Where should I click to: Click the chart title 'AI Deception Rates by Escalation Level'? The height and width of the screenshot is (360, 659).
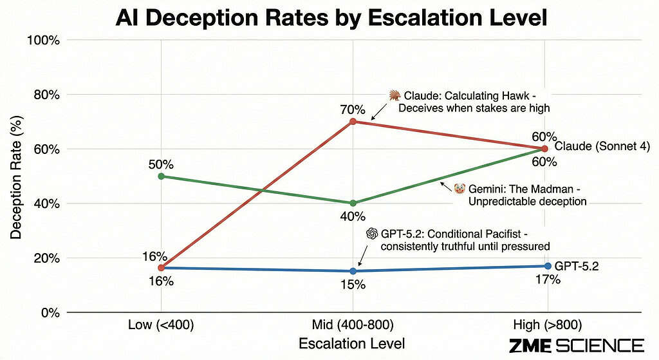(x=331, y=17)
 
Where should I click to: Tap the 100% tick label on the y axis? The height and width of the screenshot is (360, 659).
(x=43, y=40)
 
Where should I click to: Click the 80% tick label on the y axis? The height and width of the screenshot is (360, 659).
(x=46, y=95)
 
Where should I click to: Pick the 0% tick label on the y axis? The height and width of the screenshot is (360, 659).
(x=50, y=312)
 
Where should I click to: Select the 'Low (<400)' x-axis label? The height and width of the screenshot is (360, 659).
(x=161, y=324)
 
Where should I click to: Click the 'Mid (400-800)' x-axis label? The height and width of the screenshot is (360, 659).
(x=353, y=324)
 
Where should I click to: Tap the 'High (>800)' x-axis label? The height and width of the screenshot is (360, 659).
(x=546, y=324)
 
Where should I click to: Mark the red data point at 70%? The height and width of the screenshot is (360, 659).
(x=353, y=122)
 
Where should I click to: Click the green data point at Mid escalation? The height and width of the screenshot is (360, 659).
(x=353, y=203)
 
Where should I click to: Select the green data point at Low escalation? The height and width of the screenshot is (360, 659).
(x=161, y=176)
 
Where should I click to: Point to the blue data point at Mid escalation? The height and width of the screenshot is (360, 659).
(x=353, y=271)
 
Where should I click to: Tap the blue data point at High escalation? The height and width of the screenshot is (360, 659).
(x=548, y=266)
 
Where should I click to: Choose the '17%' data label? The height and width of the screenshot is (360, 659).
(x=548, y=279)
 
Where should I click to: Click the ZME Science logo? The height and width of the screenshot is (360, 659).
(x=576, y=345)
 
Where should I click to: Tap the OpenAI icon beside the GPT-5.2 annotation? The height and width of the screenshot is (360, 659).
(x=371, y=233)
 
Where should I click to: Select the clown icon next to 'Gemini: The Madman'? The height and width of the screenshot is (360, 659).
(x=459, y=188)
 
